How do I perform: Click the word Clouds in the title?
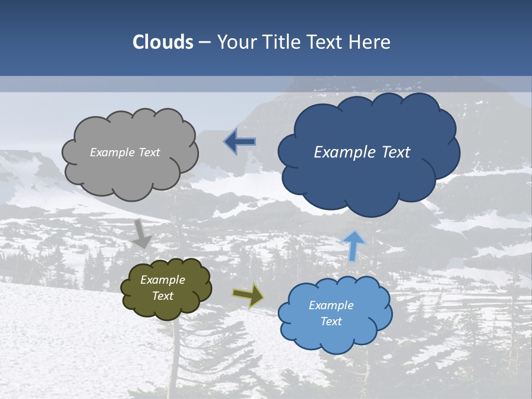pos(163,42)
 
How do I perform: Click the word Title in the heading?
pos(281,42)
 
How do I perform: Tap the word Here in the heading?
pos(371,42)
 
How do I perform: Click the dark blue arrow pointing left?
pos(240,142)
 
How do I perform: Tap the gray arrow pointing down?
pos(142,234)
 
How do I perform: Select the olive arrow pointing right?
pos(248,295)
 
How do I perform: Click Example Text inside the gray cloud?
pos(125,152)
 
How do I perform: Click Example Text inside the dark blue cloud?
pos(362,152)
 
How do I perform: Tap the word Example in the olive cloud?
pos(162,280)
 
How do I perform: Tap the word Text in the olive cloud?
pos(162,296)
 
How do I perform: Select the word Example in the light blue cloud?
pos(331,305)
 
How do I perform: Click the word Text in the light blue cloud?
pos(331,321)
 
